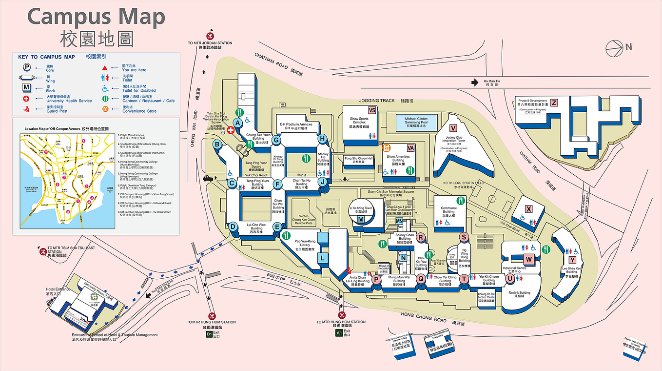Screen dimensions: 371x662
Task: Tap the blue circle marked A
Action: click(238, 124)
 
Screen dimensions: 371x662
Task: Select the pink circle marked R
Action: click(422, 237)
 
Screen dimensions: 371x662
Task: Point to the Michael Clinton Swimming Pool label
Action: click(415, 122)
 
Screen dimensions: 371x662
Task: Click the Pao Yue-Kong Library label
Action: click(305, 245)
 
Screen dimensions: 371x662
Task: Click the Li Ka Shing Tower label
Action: click(361, 209)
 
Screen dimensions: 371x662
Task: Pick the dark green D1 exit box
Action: click(209, 334)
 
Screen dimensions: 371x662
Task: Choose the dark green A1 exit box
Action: click(339, 333)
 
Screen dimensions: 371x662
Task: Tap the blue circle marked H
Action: click(322, 139)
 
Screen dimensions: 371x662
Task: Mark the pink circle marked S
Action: click(464, 237)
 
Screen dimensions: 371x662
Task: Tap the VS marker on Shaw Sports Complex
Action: click(372, 110)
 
